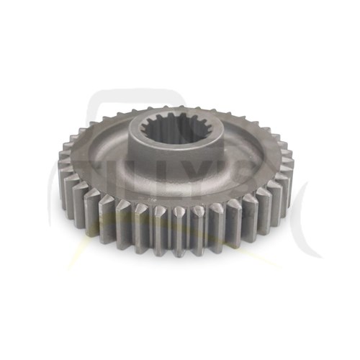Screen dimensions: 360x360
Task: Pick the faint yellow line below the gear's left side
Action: tap(79, 259)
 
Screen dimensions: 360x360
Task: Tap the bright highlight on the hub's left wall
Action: tap(138, 144)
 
